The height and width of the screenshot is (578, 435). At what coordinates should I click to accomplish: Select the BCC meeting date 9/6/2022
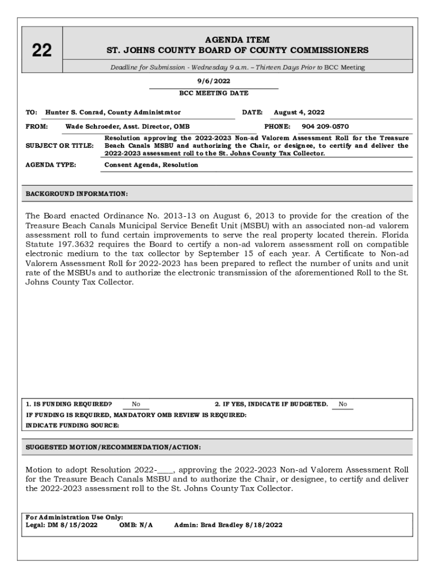[214, 81]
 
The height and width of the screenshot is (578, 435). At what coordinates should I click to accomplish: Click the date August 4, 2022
[299, 112]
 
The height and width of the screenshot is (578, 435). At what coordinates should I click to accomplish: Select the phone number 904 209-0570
[325, 126]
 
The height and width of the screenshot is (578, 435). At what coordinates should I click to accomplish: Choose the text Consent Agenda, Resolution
[151, 165]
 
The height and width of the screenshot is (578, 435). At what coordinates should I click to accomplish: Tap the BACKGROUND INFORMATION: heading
[77, 194]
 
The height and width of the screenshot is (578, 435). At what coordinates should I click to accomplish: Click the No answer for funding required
[136, 404]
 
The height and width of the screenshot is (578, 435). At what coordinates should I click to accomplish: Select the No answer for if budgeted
[342, 404]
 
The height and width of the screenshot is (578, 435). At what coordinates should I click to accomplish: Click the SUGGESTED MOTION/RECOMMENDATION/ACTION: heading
[113, 447]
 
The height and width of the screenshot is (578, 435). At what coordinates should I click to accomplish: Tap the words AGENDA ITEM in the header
[237, 40]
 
